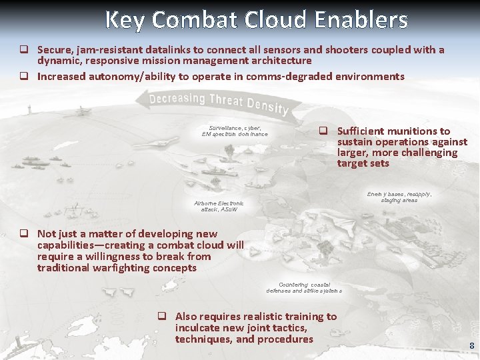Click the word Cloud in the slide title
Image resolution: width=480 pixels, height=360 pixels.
[x=274, y=20]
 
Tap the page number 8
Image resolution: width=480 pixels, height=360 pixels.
[x=471, y=346]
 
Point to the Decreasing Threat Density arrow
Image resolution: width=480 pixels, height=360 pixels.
[x=213, y=103]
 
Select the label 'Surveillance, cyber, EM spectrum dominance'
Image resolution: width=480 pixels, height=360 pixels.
[x=235, y=131]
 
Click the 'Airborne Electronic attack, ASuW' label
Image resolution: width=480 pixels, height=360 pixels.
[x=219, y=206]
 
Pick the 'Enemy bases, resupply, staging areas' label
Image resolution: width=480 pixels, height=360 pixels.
[x=399, y=197]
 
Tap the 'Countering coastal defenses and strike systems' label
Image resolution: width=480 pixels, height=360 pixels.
[x=304, y=288]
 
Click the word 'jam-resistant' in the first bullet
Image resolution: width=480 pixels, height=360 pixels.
[x=105, y=50]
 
